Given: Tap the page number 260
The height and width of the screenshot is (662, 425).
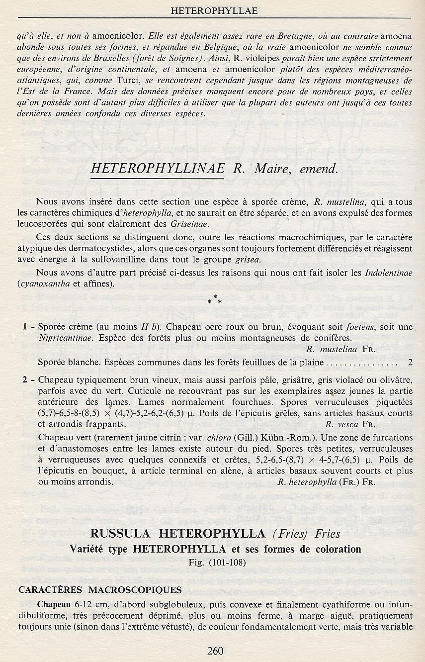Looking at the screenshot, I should coord(213,651).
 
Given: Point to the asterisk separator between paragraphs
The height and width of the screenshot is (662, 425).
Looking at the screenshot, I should coord(212,300).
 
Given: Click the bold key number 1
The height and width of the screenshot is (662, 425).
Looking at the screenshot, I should coord(24,327).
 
